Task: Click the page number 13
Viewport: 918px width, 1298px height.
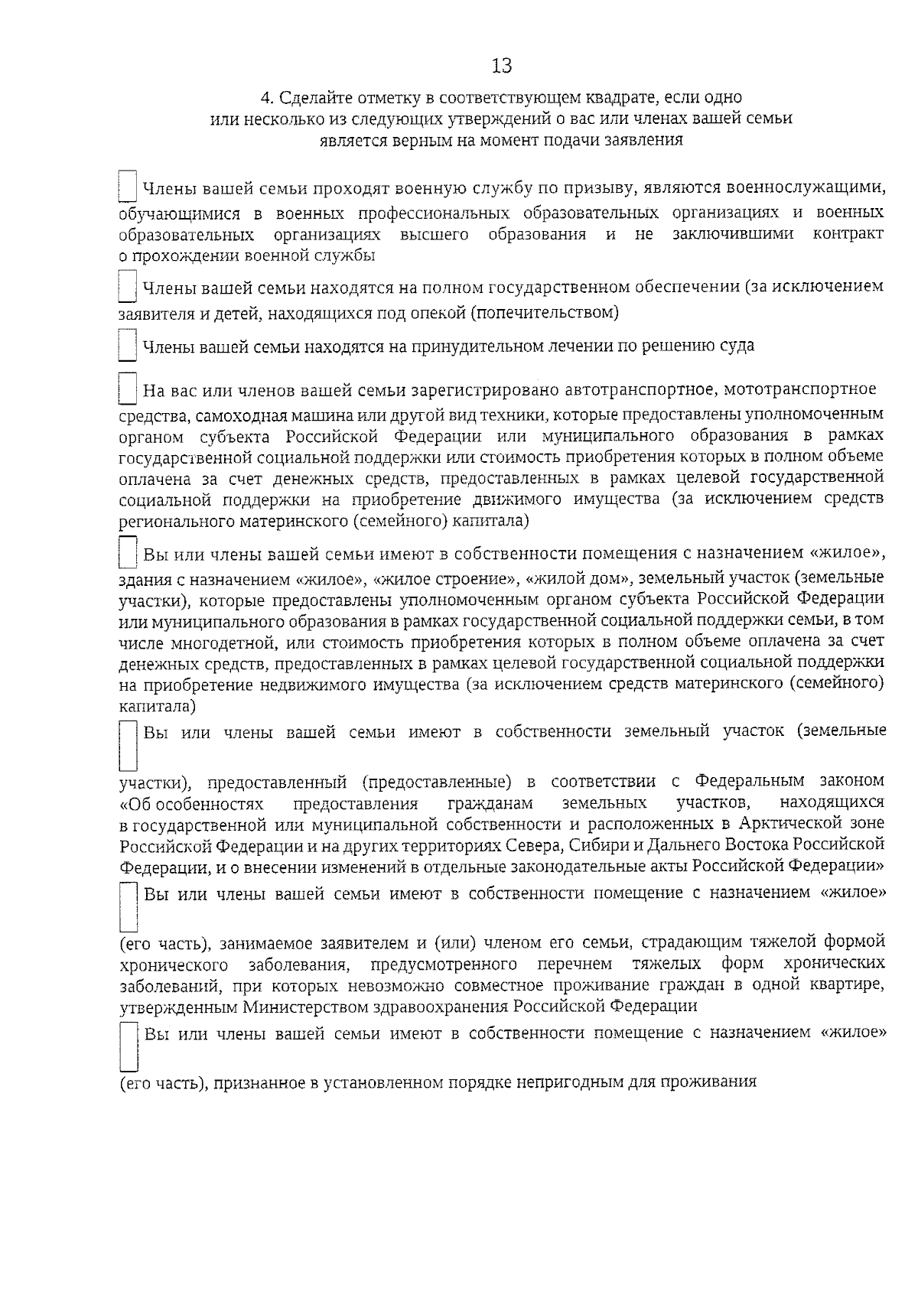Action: pyautogui.click(x=502, y=67)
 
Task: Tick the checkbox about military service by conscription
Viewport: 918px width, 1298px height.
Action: pyautogui.click(x=128, y=187)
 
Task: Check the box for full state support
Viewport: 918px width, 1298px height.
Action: pyautogui.click(x=128, y=288)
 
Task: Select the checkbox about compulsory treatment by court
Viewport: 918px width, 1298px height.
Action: pyautogui.click(x=128, y=345)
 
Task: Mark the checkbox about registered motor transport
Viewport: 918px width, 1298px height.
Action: pyautogui.click(x=128, y=389)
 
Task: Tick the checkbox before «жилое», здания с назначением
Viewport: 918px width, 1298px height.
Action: pyautogui.click(x=128, y=552)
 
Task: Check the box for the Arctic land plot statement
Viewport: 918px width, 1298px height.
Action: pyautogui.click(x=129, y=745)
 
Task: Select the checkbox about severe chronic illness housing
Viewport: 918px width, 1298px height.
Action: pyautogui.click(x=129, y=907)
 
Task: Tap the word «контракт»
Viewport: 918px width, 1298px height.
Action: pyautogui.click(x=848, y=234)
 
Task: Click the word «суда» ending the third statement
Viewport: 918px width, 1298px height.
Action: pyautogui.click(x=737, y=346)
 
